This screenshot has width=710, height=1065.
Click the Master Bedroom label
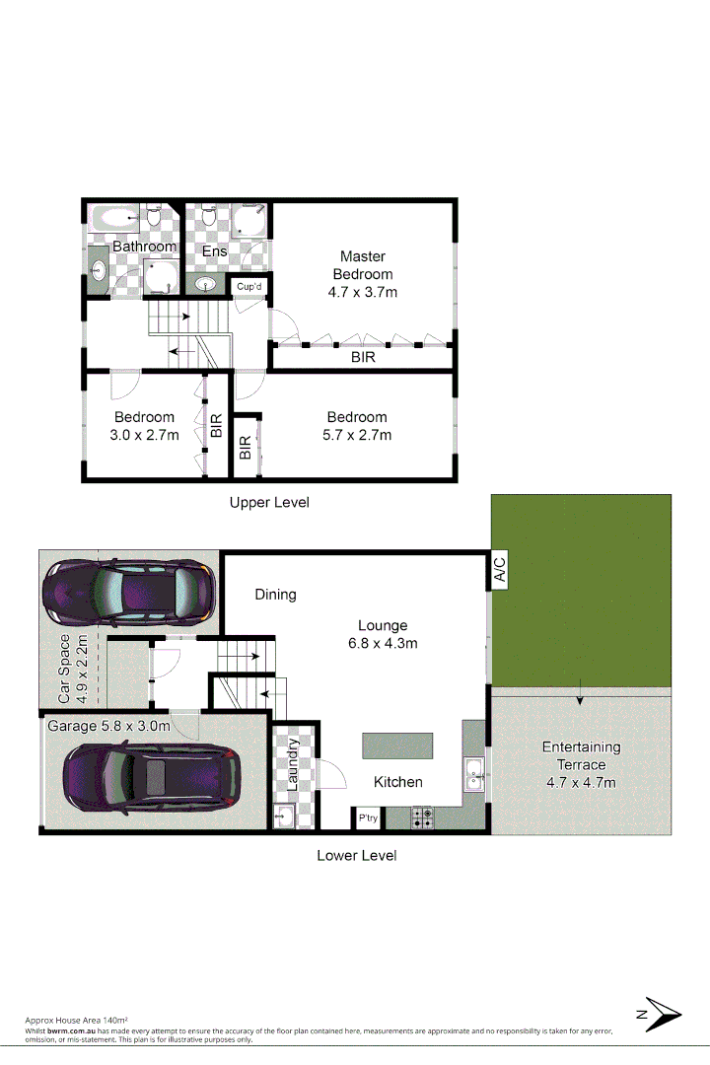coord(362,265)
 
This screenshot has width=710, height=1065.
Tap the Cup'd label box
coord(250,287)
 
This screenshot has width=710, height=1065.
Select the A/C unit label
coord(499,571)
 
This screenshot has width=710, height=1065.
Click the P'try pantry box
coord(368,818)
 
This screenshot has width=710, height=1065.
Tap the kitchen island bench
coord(397,745)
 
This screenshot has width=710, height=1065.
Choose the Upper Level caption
coord(269,502)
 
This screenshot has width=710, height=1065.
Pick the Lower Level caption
coord(357,855)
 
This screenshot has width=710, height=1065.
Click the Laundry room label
coord(293,763)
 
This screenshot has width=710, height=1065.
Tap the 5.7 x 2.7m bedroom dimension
coord(357,435)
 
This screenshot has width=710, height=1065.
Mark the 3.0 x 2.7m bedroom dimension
coord(144,435)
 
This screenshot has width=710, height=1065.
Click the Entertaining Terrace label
coord(581,755)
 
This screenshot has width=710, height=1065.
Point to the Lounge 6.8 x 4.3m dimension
coord(383,644)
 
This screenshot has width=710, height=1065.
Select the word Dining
coord(275,595)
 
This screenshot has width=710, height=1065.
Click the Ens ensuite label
coord(215,251)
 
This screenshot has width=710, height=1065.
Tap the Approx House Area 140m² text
coord(77,1020)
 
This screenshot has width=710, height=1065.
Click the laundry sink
coord(285,816)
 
